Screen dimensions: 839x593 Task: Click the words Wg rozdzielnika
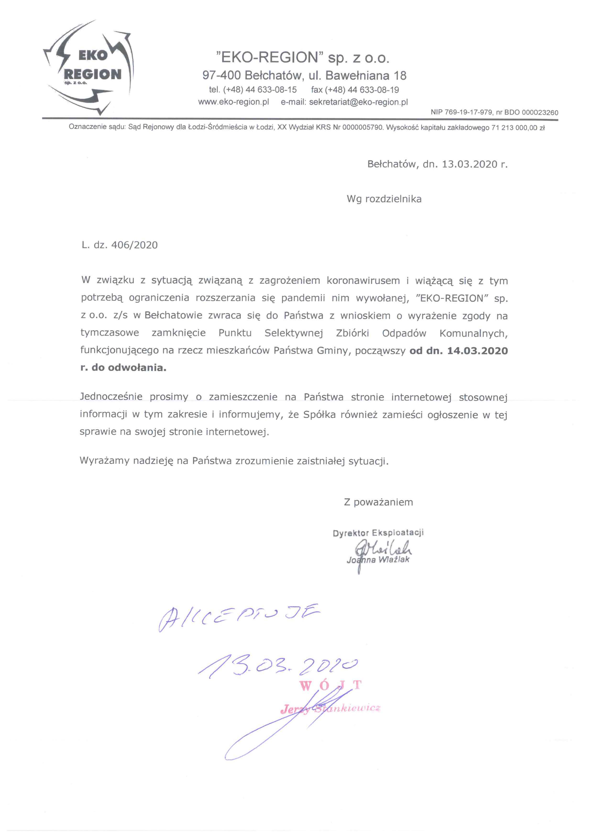click(x=384, y=199)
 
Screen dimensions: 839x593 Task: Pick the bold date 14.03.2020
click(x=477, y=351)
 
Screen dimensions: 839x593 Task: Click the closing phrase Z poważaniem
click(x=378, y=502)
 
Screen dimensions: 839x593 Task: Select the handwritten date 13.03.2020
click(x=278, y=667)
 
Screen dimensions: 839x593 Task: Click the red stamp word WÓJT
click(x=330, y=685)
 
